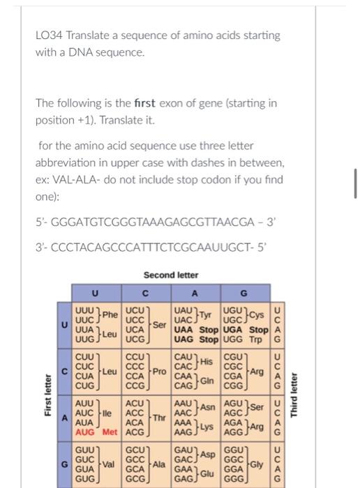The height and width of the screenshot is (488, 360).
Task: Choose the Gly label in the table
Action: point(257,462)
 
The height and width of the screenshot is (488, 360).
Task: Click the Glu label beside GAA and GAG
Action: point(207,472)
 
